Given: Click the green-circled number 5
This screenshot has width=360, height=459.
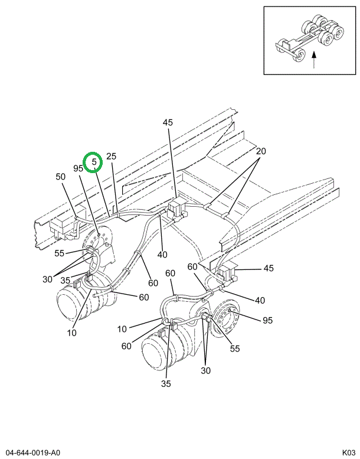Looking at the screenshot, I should coord(93,162).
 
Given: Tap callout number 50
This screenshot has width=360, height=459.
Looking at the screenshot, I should coord(61,177).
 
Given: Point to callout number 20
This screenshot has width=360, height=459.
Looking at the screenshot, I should coord(261,151).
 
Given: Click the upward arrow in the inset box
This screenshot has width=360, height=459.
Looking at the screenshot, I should coord(313,58).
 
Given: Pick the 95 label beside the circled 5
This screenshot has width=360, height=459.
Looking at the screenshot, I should coord(78,168).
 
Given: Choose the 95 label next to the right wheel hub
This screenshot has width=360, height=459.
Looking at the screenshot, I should coord(268,320).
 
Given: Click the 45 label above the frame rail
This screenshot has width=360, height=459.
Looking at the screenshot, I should coord(168,122).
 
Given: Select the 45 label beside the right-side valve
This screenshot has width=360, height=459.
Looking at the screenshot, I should coord(269,268).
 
